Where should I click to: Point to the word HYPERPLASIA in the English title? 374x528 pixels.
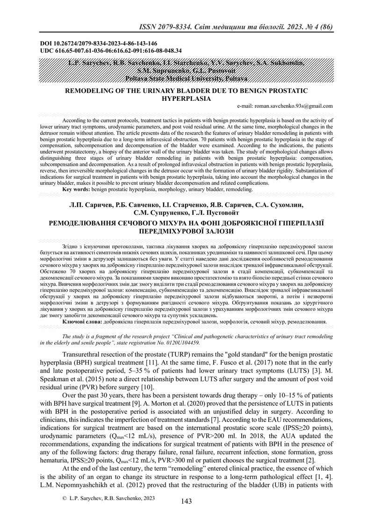point(186,99)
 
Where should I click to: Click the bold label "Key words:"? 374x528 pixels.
point(75,190)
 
